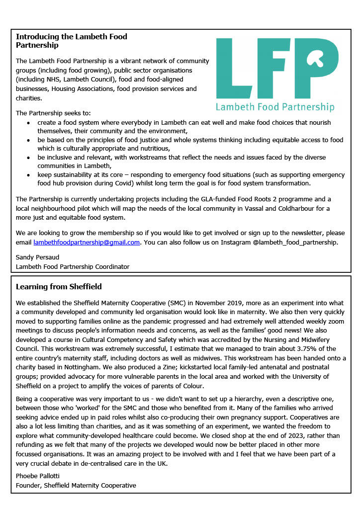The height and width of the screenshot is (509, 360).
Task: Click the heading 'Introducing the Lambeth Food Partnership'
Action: (71, 41)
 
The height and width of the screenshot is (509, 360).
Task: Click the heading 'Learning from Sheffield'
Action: (59, 287)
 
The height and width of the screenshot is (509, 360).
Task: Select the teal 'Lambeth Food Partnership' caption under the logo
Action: (275, 107)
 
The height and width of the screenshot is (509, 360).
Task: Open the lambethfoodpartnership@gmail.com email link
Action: (87, 243)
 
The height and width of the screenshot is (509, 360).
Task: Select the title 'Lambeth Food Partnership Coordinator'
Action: (73, 266)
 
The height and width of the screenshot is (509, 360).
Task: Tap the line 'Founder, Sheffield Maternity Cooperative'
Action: (76, 485)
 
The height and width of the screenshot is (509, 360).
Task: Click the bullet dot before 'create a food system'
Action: (29, 123)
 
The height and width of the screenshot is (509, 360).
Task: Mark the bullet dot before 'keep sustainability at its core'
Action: (29, 175)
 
